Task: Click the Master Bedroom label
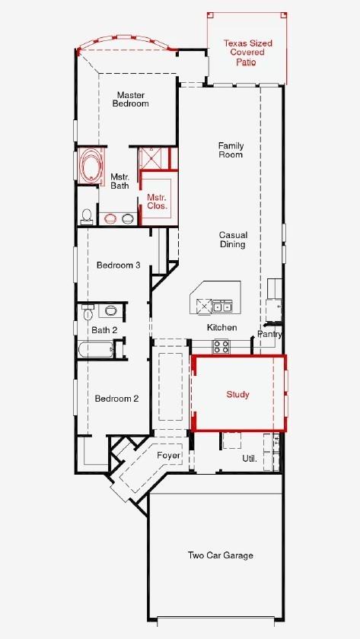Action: pyautogui.click(x=130, y=100)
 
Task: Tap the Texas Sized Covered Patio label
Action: pyautogui.click(x=247, y=52)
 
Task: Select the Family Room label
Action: pyautogui.click(x=230, y=150)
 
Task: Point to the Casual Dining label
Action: pyautogui.click(x=232, y=240)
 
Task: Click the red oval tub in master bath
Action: pyautogui.click(x=91, y=167)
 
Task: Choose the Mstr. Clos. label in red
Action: pyautogui.click(x=157, y=202)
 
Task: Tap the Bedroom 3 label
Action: pyautogui.click(x=118, y=265)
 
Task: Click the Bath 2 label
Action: pyautogui.click(x=104, y=329)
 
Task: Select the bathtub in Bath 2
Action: pyautogui.click(x=96, y=350)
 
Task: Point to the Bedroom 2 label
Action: pyautogui.click(x=116, y=398)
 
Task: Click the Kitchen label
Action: pyautogui.click(x=222, y=327)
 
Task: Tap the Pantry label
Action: pyautogui.click(x=269, y=333)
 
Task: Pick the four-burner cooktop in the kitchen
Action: pyautogui.click(x=221, y=346)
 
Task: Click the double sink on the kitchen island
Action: pyautogui.click(x=221, y=307)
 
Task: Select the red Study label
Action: pyautogui.click(x=237, y=394)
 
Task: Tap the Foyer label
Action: pyautogui.click(x=169, y=455)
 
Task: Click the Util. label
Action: pyautogui.click(x=249, y=459)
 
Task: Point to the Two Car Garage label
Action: pyautogui.click(x=220, y=555)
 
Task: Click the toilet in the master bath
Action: pyautogui.click(x=87, y=215)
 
